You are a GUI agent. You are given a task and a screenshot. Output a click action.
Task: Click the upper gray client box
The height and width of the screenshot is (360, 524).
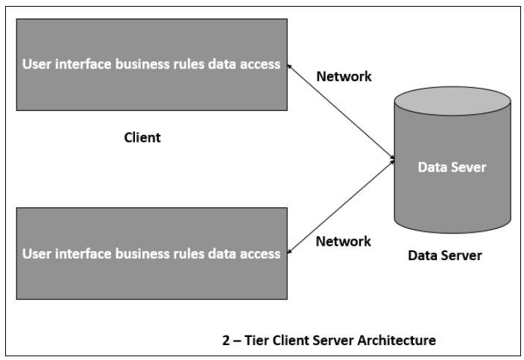pyautogui.click(x=151, y=89)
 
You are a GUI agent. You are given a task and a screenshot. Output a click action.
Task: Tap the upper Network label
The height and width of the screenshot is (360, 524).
pyautogui.click(x=344, y=76)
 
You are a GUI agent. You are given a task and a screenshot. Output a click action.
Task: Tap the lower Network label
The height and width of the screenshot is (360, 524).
pyautogui.click(x=343, y=241)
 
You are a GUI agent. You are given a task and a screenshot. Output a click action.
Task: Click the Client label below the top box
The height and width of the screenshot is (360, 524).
pyautogui.click(x=142, y=137)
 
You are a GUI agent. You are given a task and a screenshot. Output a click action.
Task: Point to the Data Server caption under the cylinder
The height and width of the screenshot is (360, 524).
pyautogui.click(x=444, y=256)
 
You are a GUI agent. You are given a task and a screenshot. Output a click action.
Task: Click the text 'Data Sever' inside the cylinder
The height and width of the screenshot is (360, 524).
pyautogui.click(x=452, y=167)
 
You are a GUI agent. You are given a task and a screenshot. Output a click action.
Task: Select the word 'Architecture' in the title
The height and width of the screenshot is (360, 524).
pyautogui.click(x=396, y=341)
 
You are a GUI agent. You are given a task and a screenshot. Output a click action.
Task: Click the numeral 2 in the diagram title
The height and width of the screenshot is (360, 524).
pyautogui.click(x=226, y=341)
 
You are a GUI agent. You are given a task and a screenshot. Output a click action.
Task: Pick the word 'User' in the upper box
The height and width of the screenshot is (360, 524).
pyautogui.click(x=37, y=64)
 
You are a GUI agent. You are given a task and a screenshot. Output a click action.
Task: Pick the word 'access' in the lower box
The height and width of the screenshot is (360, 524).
pyautogui.click(x=260, y=253)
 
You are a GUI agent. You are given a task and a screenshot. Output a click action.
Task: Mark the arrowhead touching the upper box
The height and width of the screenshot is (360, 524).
pyautogui.click(x=291, y=67)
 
